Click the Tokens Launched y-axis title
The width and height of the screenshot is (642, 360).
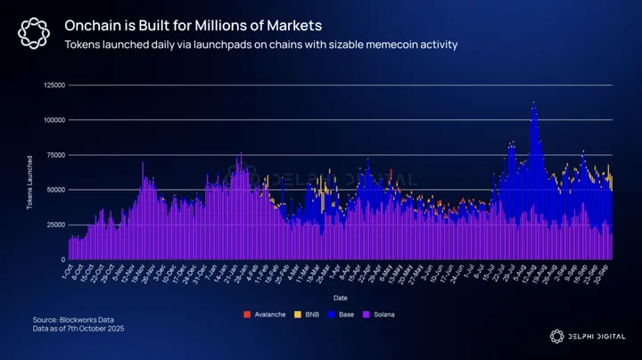(29, 172)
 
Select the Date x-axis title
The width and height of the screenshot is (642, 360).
(341, 297)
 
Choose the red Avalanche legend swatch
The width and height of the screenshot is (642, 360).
(246, 315)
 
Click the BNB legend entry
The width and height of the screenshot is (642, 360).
(308, 315)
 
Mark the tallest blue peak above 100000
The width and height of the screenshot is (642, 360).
(533, 105)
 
